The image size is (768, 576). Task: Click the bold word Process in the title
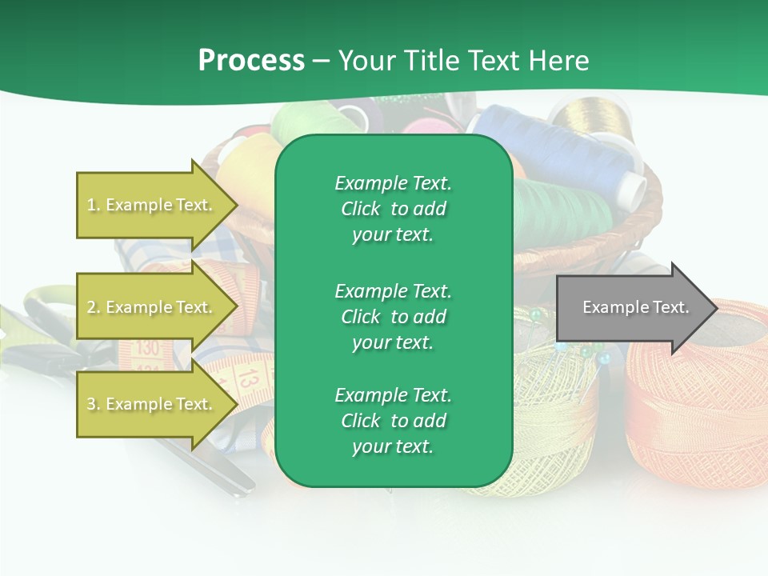click(x=251, y=61)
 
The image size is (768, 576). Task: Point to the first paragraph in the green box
click(x=393, y=209)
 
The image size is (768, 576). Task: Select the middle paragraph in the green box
click(x=393, y=317)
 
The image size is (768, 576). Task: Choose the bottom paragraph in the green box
click(x=393, y=421)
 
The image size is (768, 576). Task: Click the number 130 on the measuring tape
click(x=147, y=348)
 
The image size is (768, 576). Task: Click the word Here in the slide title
click(x=559, y=61)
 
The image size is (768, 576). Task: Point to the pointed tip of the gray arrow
click(x=715, y=308)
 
